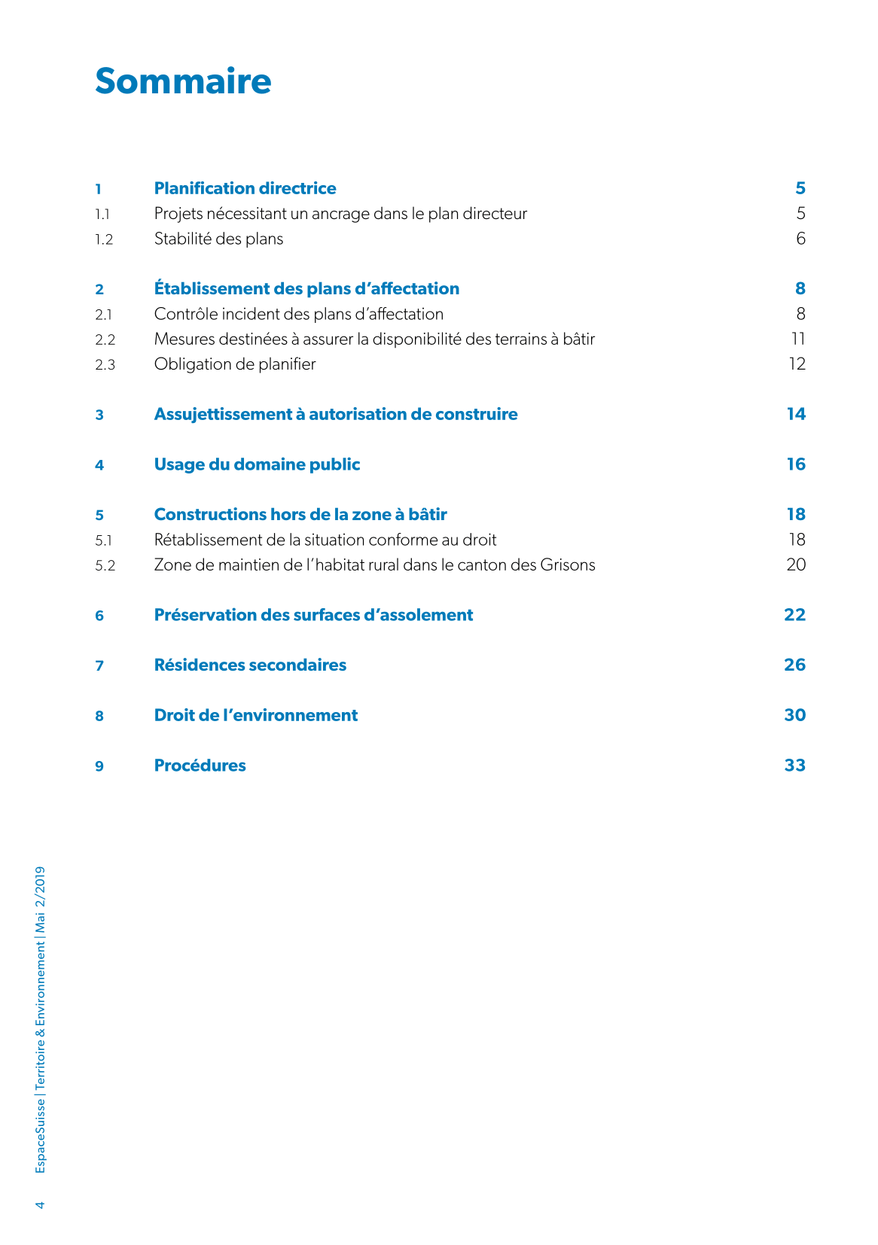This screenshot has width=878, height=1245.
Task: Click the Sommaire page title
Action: pos(183,81)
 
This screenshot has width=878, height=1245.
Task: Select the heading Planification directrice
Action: pos(245,188)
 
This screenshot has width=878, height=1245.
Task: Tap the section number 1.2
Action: pos(104,239)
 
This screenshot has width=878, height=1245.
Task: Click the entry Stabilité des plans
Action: pos(218,239)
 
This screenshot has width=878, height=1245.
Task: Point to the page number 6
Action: pos(800,239)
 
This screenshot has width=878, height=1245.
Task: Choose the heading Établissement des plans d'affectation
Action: pos(306,288)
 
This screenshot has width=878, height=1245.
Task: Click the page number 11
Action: pos(798,339)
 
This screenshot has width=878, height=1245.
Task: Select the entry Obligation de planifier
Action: pos(235,364)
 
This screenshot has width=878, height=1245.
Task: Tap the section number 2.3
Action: pos(105,365)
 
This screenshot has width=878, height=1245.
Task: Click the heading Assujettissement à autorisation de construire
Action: pos(336,414)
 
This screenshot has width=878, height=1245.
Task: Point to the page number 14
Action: pos(796,414)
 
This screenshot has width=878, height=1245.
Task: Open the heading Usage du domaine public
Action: pos(257,464)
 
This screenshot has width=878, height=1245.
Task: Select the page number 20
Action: pos(796,565)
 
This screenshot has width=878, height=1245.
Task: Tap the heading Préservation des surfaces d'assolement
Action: pos(313,615)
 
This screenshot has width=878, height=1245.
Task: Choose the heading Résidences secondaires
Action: pos(250,665)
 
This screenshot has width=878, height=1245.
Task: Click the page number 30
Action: pos(794,715)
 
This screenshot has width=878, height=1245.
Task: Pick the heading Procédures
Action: pos(200,766)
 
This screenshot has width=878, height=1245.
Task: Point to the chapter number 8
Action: pos(99,716)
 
